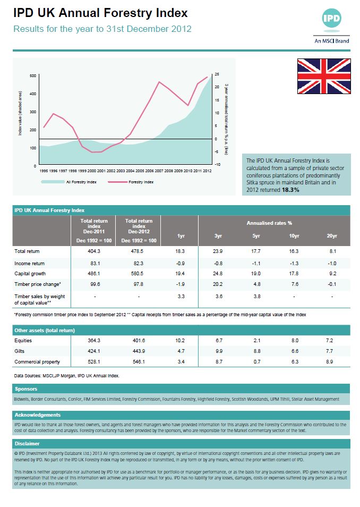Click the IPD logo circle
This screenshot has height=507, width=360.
pyautogui.click(x=331, y=20)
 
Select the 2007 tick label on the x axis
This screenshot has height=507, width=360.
pyautogui.click(x=159, y=171)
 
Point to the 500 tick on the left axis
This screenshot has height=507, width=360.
pyautogui.click(x=33, y=76)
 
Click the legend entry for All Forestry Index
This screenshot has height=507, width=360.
pyautogui.click(x=81, y=182)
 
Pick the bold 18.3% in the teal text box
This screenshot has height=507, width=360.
pyautogui.click(x=290, y=189)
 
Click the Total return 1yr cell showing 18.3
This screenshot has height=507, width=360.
pyautogui.click(x=181, y=251)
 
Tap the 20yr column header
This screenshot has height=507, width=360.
pyautogui.click(x=332, y=235)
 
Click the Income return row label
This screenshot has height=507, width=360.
pyautogui.click(x=29, y=263)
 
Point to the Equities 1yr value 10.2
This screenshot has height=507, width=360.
pyautogui.click(x=181, y=340)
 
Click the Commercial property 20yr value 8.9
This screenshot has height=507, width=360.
pyautogui.click(x=332, y=363)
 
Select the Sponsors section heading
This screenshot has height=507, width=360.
pyautogui.click(x=26, y=388)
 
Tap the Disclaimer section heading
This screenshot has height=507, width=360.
pyautogui.click(x=27, y=443)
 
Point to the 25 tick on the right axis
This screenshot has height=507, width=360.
pyautogui.click(x=217, y=75)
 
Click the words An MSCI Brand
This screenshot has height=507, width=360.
pyautogui.click(x=331, y=40)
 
